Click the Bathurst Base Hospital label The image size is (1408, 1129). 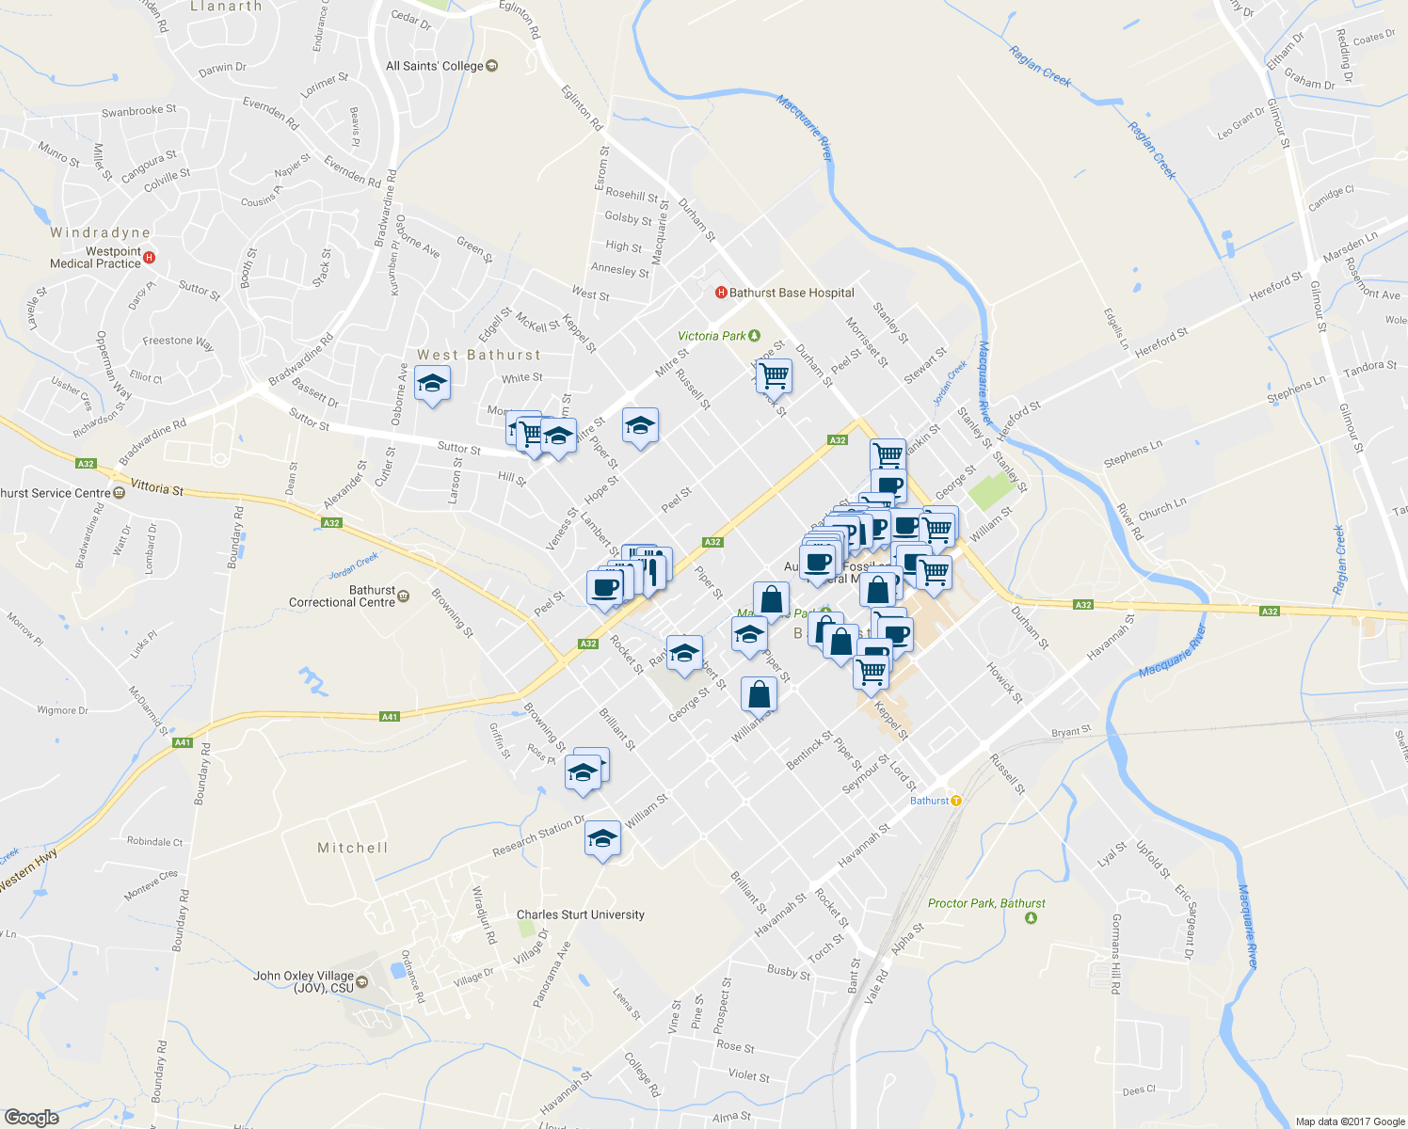792,293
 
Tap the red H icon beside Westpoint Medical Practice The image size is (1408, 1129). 149,257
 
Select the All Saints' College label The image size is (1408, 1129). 434,66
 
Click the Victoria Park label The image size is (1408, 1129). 712,336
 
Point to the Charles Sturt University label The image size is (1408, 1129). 581,914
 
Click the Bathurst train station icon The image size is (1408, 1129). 956,801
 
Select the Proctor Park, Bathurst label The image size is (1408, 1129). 986,903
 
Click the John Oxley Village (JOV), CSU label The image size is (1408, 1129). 303,981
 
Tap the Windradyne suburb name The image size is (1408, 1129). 101,232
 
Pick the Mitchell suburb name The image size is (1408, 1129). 353,848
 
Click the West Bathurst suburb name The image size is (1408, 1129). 479,355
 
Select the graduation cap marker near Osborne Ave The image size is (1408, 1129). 432,384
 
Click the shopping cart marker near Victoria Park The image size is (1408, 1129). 774,375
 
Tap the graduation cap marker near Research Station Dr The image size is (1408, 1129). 602,839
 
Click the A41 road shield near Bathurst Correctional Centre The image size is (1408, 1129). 390,717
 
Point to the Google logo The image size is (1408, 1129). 31,1117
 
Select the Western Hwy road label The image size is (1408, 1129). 28,871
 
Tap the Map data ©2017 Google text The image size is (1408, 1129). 1350,1121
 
